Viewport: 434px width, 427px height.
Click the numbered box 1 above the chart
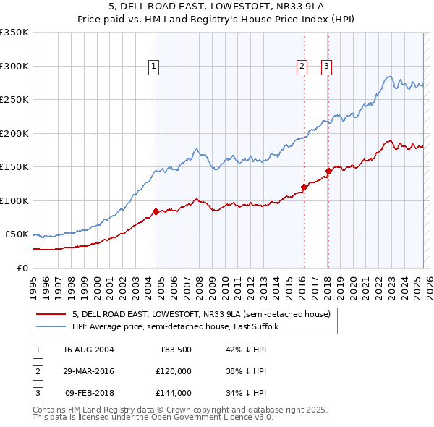154,67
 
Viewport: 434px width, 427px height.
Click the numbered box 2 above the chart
301,67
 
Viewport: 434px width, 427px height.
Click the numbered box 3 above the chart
326,67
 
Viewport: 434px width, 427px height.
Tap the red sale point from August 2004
156,212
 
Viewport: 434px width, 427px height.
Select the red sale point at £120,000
304,187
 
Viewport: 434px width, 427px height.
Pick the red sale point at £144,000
328,172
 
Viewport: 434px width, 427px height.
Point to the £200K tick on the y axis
14,133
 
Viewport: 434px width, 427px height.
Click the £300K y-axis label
14,66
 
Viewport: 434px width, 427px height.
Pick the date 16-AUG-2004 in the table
89,349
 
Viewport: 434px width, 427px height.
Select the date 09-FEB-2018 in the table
89,394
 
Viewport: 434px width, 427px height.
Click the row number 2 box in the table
37,371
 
